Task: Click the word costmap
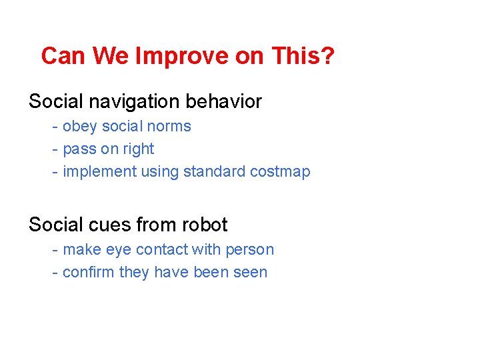280,172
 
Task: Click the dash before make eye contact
56,250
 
